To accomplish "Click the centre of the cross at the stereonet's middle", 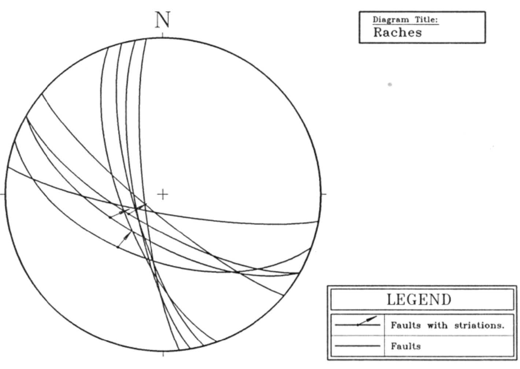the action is [162, 194].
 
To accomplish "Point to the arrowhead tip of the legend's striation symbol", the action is [376, 316].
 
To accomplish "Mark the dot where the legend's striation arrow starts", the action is [358, 325].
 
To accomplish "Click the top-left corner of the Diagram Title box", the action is [359, 12].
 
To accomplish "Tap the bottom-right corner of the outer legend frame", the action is [517, 360].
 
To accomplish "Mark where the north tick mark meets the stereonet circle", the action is [162, 37].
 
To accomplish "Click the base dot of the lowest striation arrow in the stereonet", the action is [118, 247].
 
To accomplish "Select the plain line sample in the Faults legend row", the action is [358, 346].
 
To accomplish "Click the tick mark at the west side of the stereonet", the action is [3, 194].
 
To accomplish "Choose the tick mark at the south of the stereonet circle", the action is [163, 354].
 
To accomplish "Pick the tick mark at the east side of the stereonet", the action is [324, 194].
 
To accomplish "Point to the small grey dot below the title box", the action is [390, 85].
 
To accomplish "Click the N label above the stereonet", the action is [163, 20].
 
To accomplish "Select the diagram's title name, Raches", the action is [398, 33].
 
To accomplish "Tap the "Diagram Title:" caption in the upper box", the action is [406, 19].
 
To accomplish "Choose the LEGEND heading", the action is [419, 300].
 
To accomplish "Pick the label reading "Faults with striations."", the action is [448, 325].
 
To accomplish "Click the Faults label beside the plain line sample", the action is [406, 346].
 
